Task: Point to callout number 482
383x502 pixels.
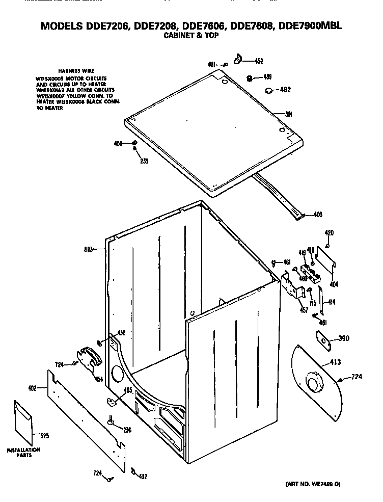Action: pos(286,90)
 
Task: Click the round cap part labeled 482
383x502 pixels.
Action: pos(268,91)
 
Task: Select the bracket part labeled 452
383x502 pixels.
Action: pos(238,60)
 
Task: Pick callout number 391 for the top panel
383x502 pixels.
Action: pos(278,114)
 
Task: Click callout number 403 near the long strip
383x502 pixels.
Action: pos(318,215)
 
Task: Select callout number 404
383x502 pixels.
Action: pos(334,283)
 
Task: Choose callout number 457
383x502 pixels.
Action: pos(304,310)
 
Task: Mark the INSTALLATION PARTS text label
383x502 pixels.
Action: pos(23,453)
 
